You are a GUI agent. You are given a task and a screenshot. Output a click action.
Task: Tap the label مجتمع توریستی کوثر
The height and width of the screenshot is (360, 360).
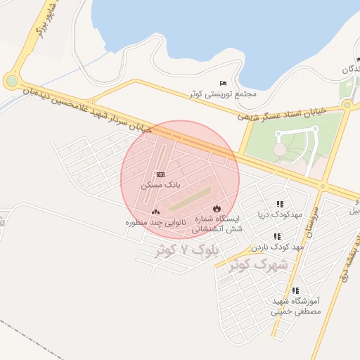(x=222, y=94)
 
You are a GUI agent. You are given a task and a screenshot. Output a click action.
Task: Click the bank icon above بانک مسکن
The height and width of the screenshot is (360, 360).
(x=161, y=174)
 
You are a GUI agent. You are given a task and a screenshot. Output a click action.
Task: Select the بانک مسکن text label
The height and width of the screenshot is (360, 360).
(x=161, y=184)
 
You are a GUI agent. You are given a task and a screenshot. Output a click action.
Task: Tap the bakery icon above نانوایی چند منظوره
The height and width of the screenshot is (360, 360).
(x=155, y=212)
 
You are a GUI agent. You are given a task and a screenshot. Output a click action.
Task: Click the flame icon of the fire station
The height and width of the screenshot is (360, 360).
(x=217, y=208)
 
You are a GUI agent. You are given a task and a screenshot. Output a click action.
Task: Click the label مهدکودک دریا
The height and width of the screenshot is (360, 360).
(x=281, y=214)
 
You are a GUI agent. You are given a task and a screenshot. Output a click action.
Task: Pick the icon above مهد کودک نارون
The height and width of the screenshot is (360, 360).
(x=277, y=237)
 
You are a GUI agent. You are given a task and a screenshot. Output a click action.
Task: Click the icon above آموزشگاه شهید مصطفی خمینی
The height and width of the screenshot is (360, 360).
(x=295, y=290)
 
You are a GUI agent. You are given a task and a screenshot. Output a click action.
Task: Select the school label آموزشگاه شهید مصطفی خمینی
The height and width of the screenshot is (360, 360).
(x=296, y=306)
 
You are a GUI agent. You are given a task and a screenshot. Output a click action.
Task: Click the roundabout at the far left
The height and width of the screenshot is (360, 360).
(x=11, y=82)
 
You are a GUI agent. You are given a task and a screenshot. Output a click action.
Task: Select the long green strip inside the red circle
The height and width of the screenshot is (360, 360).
(x=189, y=198)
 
